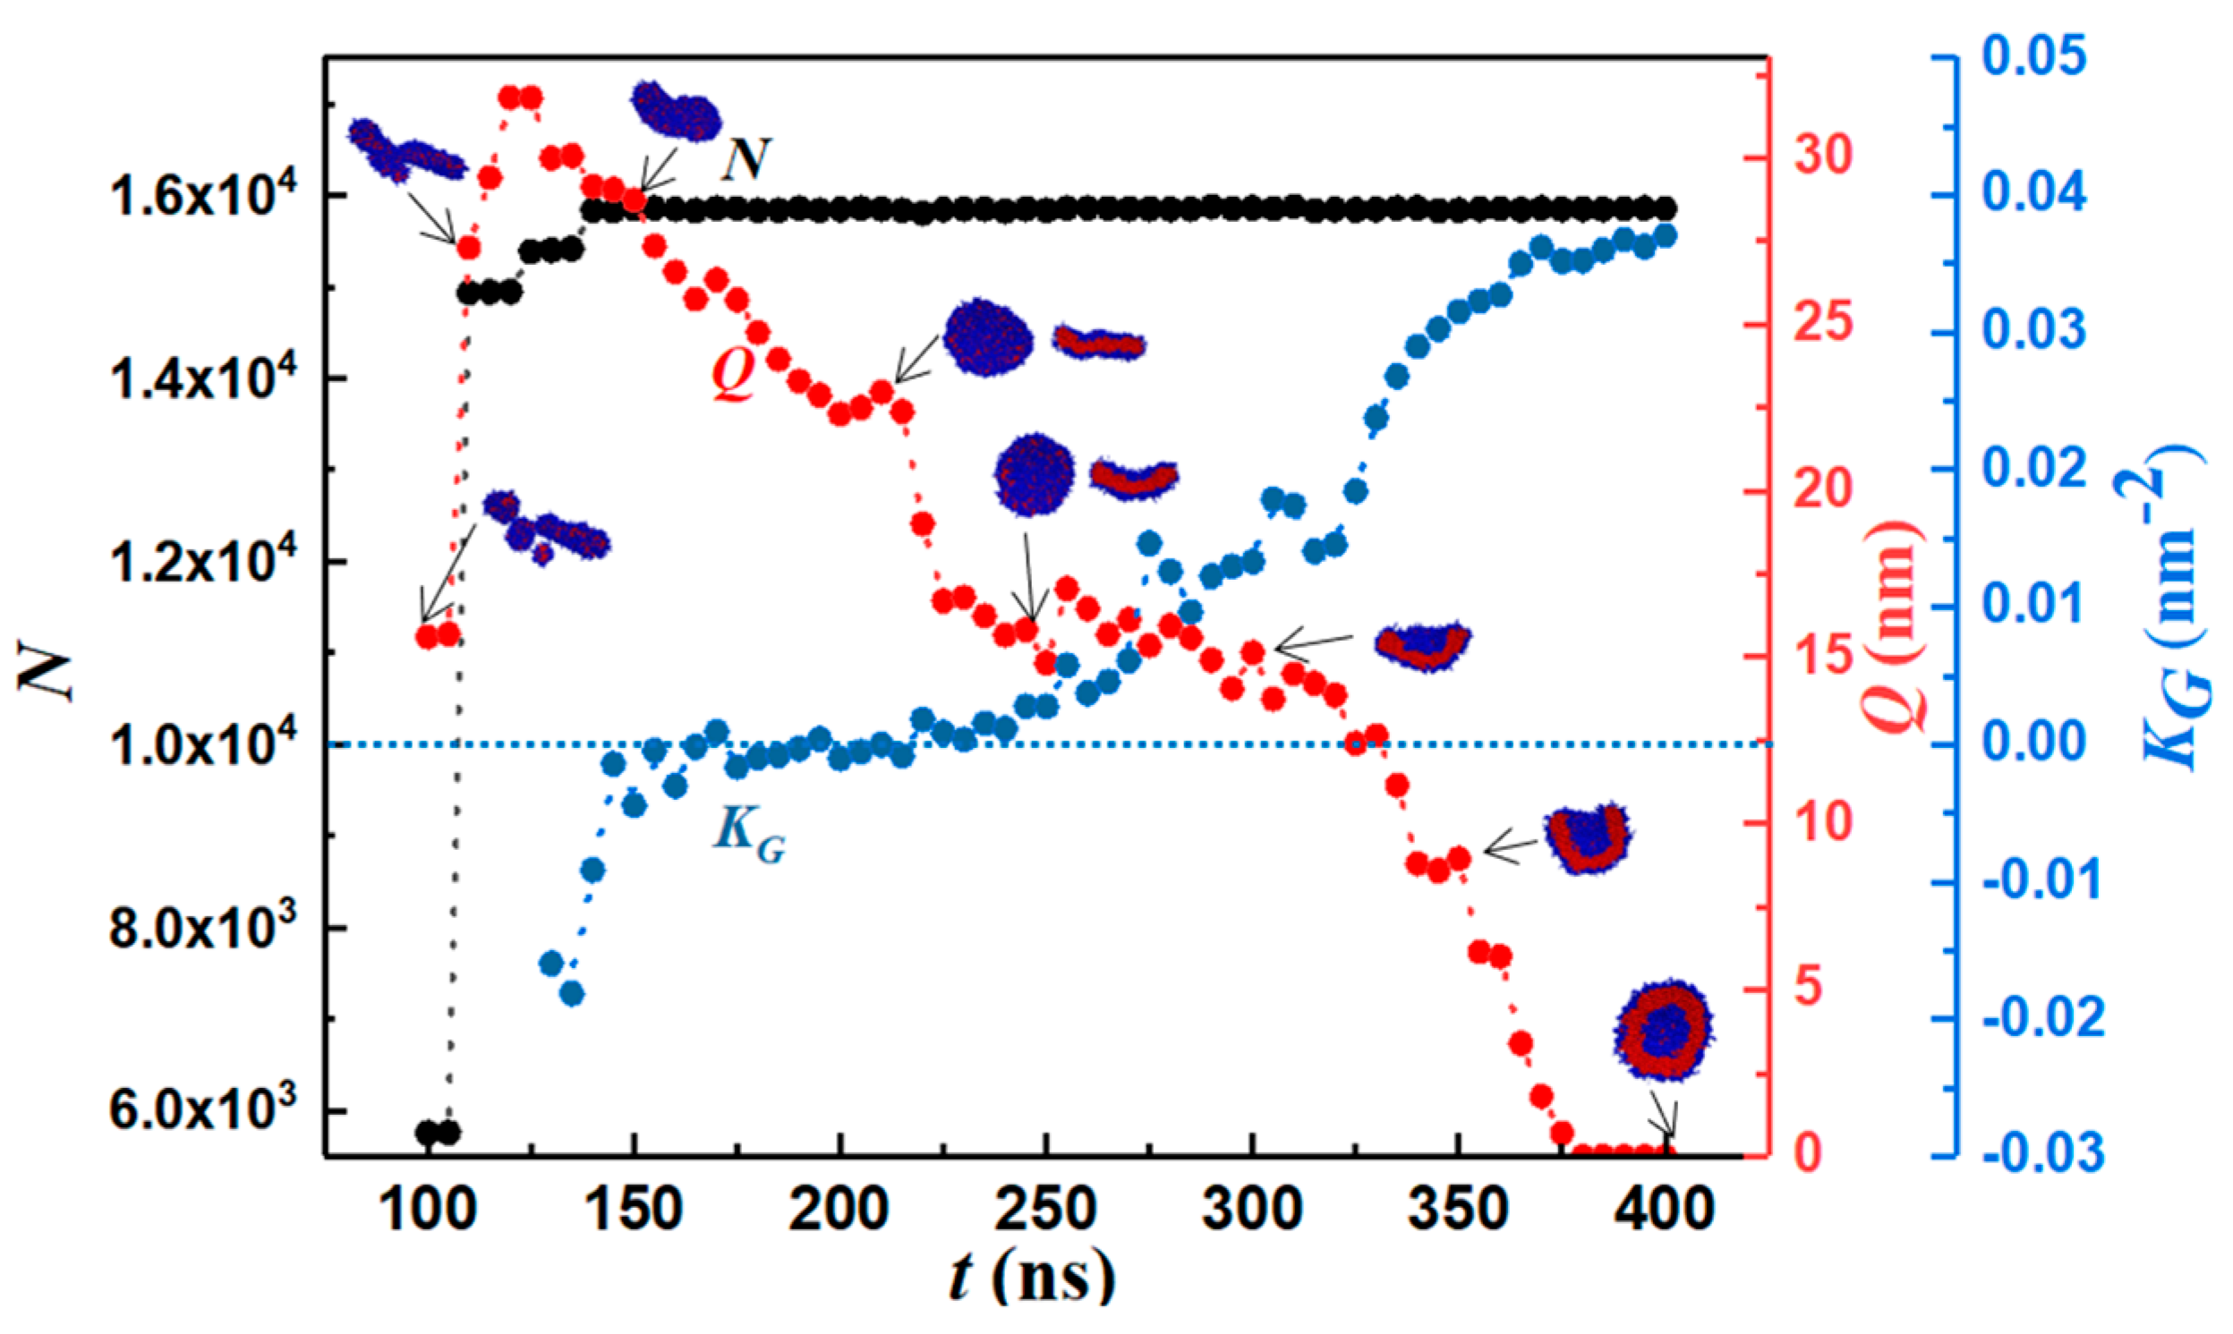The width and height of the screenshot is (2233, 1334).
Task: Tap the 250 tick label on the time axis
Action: click(x=1045, y=1210)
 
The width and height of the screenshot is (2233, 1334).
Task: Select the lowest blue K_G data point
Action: click(x=572, y=994)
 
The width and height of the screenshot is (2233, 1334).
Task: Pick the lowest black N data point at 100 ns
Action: click(x=428, y=1132)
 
